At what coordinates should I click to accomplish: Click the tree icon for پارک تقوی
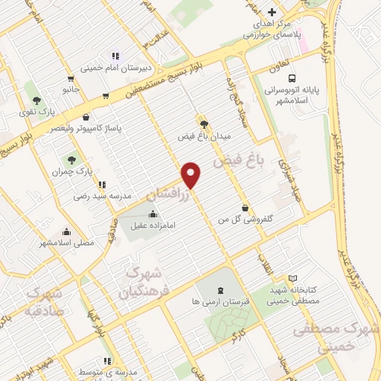point(36,100)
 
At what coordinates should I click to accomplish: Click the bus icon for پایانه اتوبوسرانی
point(292,78)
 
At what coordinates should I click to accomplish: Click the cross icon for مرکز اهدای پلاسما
point(272,13)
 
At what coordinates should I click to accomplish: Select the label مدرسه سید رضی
point(102,196)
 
